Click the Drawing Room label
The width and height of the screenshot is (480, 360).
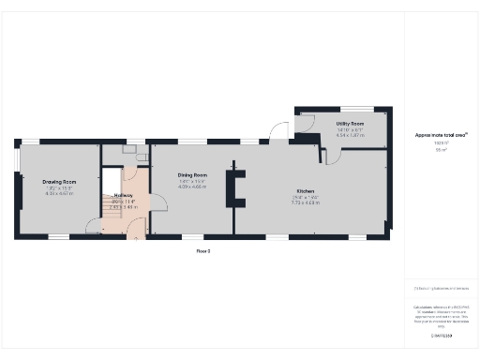click(59, 182)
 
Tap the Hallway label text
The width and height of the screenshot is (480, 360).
click(124, 195)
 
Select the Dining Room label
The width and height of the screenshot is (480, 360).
click(193, 175)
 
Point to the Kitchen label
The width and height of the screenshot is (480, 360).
click(306, 192)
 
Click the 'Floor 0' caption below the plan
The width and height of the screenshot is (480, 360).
click(202, 251)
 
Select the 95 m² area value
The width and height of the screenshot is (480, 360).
click(442, 150)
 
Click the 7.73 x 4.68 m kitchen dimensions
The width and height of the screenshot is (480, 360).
click(306, 203)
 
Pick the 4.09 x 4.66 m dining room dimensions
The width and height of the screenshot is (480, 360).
click(193, 187)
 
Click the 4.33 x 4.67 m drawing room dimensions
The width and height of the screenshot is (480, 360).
click(59, 193)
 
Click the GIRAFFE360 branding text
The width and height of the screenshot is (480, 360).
click(442, 335)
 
